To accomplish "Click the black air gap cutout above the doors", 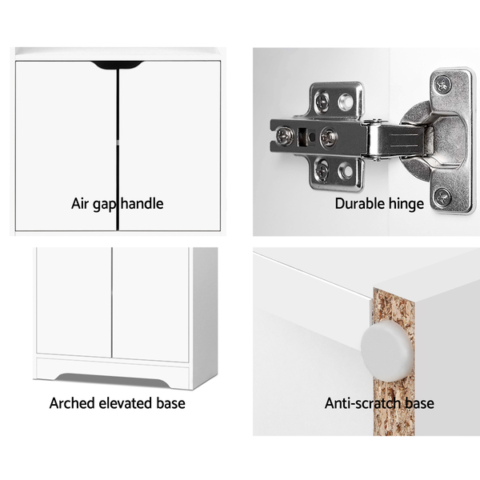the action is tap(118, 65).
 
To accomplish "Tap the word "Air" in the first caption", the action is tap(80, 203).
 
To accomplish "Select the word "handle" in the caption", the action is tap(142, 203).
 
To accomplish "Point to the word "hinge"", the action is tap(406, 204).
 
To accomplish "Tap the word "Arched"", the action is tap(72, 403).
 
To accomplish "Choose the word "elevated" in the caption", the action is tap(126, 403).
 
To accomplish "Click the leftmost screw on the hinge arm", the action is tap(282, 136).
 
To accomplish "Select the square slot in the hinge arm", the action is tap(302, 136).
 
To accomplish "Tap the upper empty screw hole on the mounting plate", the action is tap(346, 102).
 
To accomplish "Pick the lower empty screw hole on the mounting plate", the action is tap(346, 170).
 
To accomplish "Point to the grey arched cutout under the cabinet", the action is tap(112, 380).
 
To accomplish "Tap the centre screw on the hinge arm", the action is tap(328, 137).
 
